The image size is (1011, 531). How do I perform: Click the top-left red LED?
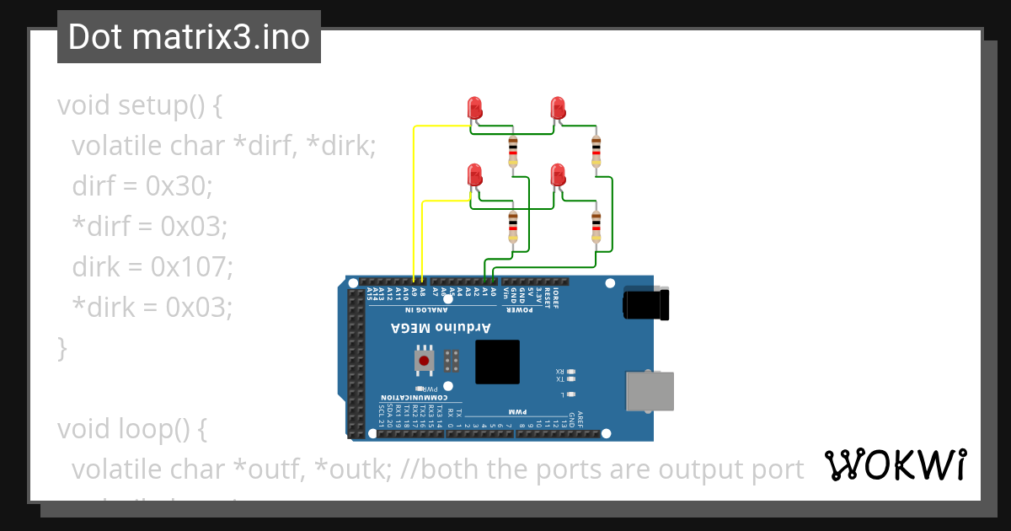474,108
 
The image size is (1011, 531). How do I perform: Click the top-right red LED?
557,108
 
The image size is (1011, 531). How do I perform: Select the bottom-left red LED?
474,175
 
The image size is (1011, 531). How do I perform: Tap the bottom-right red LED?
557,175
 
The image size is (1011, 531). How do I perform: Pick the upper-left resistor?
513,153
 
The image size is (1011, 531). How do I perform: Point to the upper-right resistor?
596,153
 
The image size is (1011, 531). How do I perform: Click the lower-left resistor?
513,225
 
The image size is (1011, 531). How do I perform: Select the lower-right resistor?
596,225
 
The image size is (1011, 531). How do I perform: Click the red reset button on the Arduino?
425,361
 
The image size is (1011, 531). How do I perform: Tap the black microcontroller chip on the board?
497,362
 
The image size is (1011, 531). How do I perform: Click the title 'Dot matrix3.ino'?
189,37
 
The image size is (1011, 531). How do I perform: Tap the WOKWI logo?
895,464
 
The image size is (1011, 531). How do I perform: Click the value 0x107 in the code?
190,267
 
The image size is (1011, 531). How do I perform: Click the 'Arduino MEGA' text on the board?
446,327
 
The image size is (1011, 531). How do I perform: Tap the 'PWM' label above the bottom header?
516,412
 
